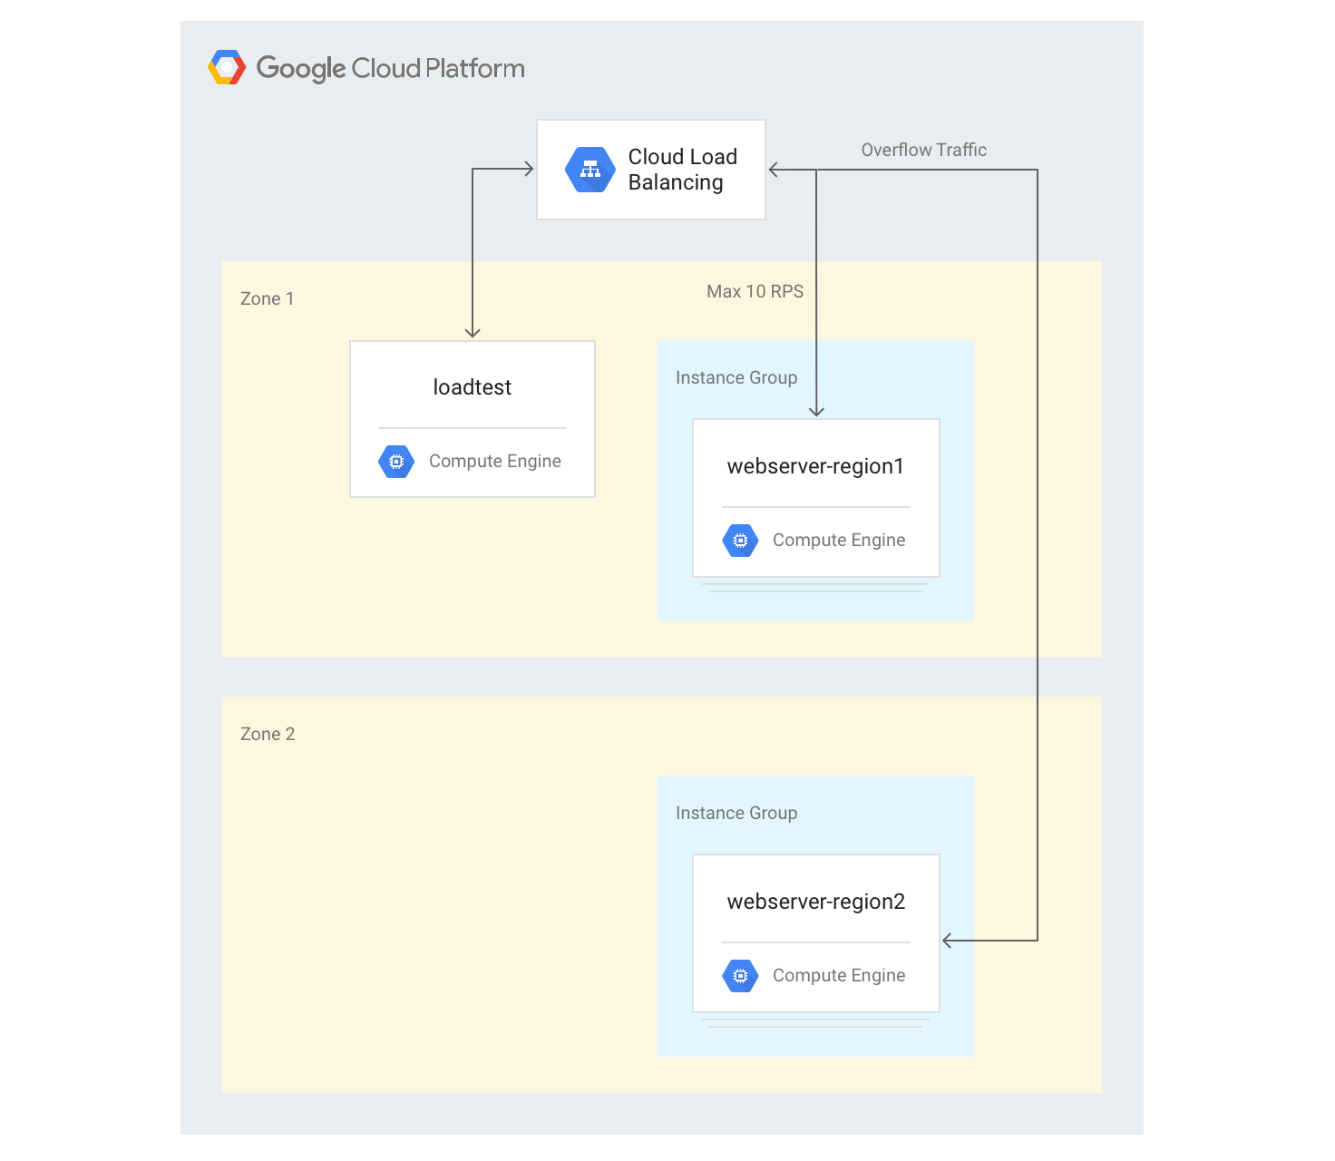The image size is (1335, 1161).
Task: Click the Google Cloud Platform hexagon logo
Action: pyautogui.click(x=227, y=68)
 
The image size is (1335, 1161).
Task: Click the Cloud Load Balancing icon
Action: pyautogui.click(x=590, y=170)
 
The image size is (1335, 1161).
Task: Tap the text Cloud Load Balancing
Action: pyautogui.click(x=682, y=170)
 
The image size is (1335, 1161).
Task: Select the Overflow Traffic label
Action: pyautogui.click(x=923, y=151)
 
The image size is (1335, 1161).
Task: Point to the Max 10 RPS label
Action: pyautogui.click(x=755, y=292)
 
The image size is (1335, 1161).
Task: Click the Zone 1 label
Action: pyautogui.click(x=267, y=299)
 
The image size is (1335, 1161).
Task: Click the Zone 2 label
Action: pyautogui.click(x=268, y=735)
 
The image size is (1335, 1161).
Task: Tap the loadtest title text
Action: pyautogui.click(x=472, y=387)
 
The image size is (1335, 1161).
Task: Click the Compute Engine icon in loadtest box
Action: pyautogui.click(x=396, y=462)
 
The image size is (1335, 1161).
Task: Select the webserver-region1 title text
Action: pyautogui.click(x=815, y=466)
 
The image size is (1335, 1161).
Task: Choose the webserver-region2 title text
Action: pyautogui.click(x=815, y=902)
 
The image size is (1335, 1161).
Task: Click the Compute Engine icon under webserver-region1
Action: pyautogui.click(x=740, y=541)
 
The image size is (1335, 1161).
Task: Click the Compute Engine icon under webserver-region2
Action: pyautogui.click(x=740, y=976)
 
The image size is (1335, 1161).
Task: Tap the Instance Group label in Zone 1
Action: pyautogui.click(x=736, y=378)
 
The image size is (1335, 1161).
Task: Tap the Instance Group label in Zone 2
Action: pyautogui.click(x=736, y=814)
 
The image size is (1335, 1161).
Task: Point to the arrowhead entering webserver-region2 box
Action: pyautogui.click(x=947, y=941)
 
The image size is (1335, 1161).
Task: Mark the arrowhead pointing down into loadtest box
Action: pyautogui.click(x=473, y=333)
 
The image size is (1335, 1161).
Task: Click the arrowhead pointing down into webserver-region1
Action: pyautogui.click(x=816, y=412)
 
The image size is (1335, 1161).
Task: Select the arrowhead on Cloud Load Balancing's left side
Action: pyautogui.click(x=529, y=169)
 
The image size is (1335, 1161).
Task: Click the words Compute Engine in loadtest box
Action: pyautogui.click(x=494, y=462)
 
